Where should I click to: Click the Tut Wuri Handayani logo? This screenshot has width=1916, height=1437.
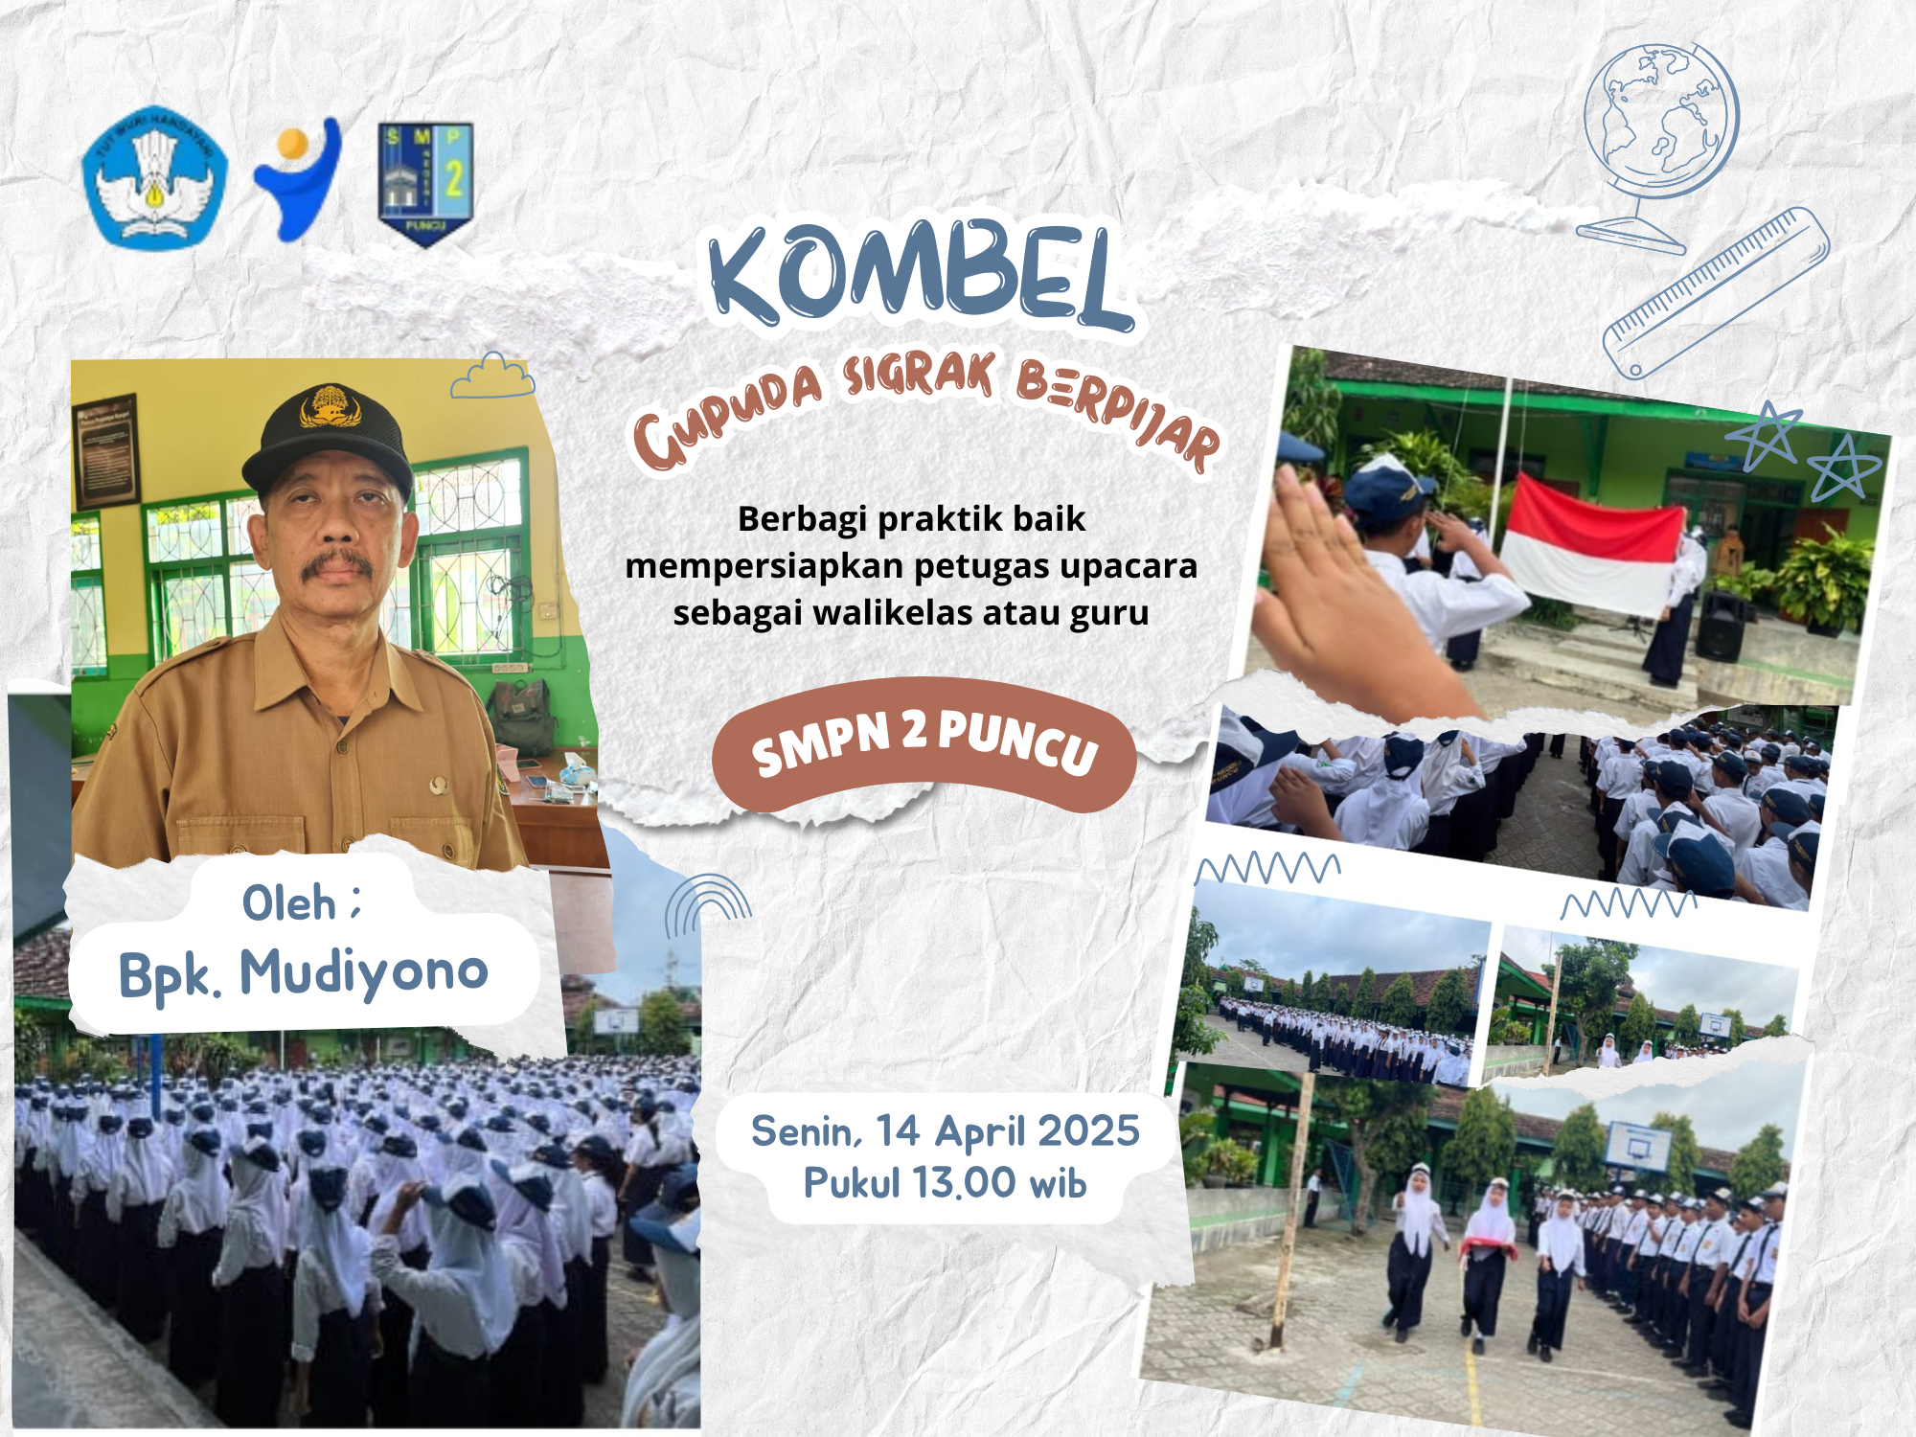click(x=154, y=177)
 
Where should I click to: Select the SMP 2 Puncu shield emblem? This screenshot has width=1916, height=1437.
click(x=426, y=183)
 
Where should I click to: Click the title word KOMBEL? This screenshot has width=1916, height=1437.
click(x=921, y=274)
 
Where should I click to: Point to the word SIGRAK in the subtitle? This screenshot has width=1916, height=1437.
click(x=919, y=375)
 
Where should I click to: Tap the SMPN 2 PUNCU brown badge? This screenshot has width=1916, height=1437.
click(x=924, y=745)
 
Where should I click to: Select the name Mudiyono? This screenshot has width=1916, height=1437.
click(x=364, y=972)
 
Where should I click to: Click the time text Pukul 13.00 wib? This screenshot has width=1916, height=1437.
click(x=945, y=1183)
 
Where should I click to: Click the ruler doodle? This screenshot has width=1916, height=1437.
click(x=1716, y=293)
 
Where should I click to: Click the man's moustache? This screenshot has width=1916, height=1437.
click(x=336, y=564)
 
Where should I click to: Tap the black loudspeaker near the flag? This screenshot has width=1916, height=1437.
click(x=1722, y=626)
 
